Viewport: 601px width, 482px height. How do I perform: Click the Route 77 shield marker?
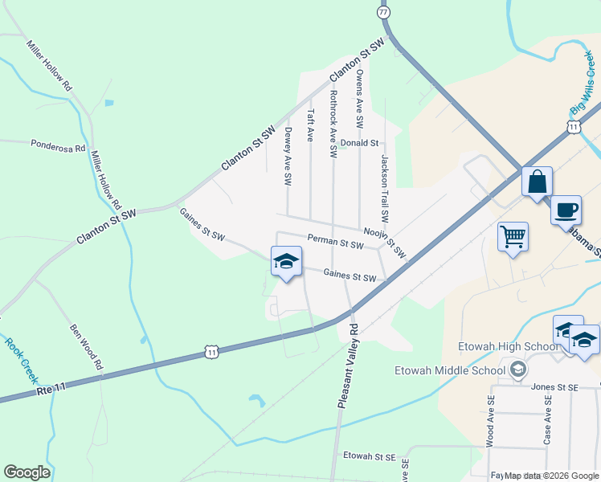(383, 12)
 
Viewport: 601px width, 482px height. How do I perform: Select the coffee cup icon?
(566, 210)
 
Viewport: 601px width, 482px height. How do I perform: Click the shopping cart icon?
(513, 237)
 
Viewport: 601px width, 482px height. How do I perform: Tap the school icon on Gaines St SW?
(286, 262)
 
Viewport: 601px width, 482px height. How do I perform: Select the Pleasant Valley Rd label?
(348, 366)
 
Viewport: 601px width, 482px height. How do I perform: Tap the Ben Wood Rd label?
(87, 346)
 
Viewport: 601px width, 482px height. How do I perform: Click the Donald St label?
(358, 143)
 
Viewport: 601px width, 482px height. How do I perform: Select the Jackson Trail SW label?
(384, 189)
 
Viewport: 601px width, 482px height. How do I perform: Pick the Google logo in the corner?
(27, 472)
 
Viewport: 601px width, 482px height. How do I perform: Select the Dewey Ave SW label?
(287, 156)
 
